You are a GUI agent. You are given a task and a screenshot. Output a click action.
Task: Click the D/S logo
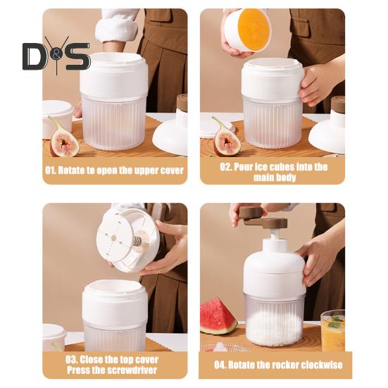pos(56,56)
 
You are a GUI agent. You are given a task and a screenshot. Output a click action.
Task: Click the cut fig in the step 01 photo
pos(64,139)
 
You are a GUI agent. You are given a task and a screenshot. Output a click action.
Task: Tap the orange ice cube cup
pos(248,29)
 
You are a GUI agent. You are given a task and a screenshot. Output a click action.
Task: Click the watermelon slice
pos(218,316)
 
